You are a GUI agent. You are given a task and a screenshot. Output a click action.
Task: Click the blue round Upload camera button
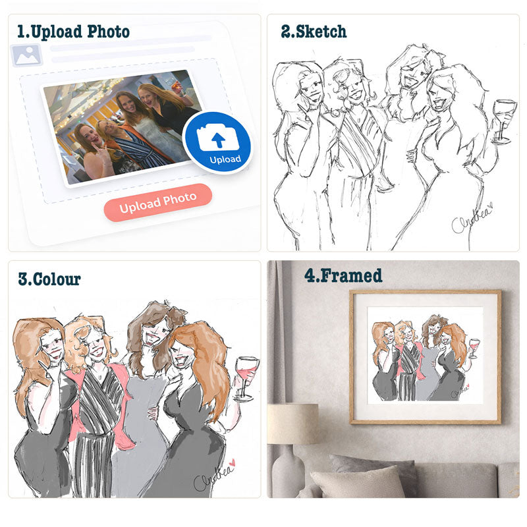(x=217, y=143)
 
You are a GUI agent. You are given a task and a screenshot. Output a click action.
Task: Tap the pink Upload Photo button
(x=158, y=203)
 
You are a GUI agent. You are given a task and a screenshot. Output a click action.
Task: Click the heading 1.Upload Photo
(x=73, y=32)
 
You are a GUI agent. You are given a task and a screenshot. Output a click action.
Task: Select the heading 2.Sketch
(x=314, y=32)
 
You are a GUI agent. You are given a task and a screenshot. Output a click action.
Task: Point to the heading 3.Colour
(x=49, y=279)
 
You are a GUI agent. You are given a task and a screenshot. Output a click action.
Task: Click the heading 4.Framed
(x=343, y=275)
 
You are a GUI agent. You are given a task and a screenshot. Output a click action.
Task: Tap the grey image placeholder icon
(x=26, y=55)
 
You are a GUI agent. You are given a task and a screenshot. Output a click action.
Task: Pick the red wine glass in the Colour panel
(x=246, y=379)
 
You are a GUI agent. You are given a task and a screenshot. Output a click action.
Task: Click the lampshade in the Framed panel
(x=292, y=424)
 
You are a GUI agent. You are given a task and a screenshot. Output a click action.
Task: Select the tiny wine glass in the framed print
(x=474, y=348)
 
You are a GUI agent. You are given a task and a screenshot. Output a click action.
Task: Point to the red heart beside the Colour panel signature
(x=232, y=463)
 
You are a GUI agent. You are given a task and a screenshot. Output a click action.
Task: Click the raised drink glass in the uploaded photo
(x=176, y=87)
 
